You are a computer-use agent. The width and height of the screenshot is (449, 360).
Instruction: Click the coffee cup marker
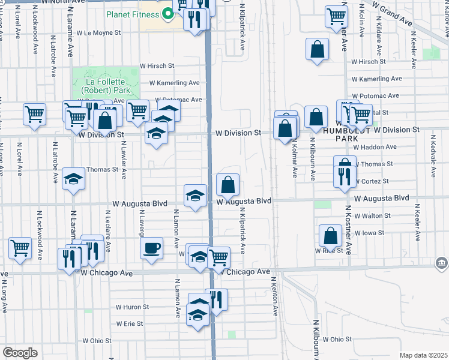(151, 248)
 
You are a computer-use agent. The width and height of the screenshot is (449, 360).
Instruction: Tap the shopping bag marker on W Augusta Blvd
(228, 185)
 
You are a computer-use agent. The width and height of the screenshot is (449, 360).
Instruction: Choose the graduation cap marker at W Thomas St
(73, 179)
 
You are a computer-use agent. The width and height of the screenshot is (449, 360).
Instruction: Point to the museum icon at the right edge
(441, 263)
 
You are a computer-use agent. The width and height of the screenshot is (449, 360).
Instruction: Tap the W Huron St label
(132, 307)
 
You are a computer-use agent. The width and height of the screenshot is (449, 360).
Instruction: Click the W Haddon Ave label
(375, 146)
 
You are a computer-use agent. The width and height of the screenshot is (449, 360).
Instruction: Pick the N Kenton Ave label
(275, 296)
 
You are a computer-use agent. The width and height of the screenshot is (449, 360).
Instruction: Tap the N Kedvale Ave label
(433, 156)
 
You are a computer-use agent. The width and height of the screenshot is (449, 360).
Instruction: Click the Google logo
(20, 353)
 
